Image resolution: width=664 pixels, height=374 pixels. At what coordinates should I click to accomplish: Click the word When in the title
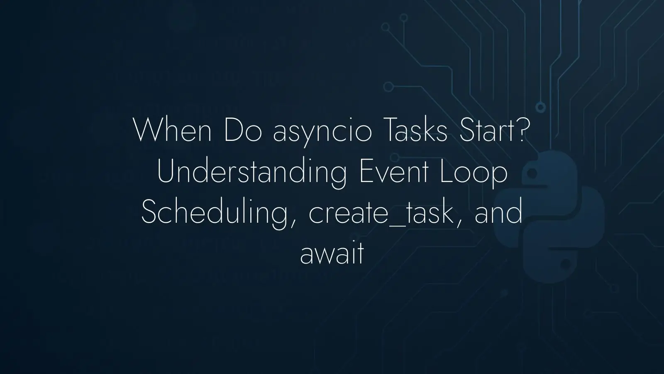click(173, 130)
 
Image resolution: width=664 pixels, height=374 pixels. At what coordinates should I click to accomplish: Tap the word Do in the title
click(243, 130)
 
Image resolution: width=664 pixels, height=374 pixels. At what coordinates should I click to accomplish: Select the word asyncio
click(322, 133)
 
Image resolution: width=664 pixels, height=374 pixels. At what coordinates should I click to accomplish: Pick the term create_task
click(381, 212)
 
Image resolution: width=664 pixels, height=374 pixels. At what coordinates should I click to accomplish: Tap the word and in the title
click(498, 212)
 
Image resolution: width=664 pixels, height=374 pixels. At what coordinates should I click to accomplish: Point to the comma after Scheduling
click(293, 224)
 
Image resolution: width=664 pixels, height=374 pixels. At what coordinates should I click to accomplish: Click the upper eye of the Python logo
click(532, 173)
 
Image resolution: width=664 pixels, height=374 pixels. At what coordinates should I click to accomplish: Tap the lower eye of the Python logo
click(565, 263)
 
